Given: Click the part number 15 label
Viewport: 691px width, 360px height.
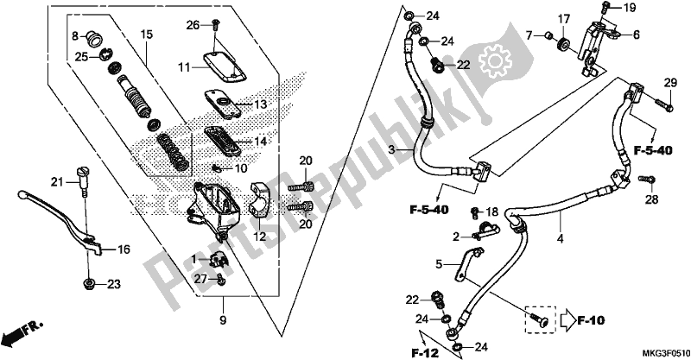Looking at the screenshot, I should [x=146, y=34].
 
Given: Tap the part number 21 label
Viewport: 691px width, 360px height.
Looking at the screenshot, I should [x=57, y=181].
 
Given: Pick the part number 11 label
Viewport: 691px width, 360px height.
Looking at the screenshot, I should [x=185, y=66].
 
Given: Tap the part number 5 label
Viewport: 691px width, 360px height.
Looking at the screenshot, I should [x=440, y=263].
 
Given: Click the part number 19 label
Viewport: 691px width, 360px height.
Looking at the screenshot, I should [x=630, y=8].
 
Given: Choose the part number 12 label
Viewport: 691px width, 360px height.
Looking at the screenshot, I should [x=259, y=237].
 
